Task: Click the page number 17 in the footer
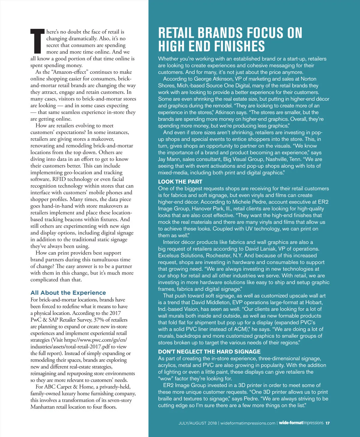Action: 328,423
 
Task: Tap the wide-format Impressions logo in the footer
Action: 301,423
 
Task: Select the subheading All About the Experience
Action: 68,293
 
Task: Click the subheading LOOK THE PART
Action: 180,182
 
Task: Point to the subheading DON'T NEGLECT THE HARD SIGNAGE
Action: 209,352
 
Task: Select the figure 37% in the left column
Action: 99,320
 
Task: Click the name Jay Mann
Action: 169,159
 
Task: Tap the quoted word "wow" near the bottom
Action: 166,379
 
